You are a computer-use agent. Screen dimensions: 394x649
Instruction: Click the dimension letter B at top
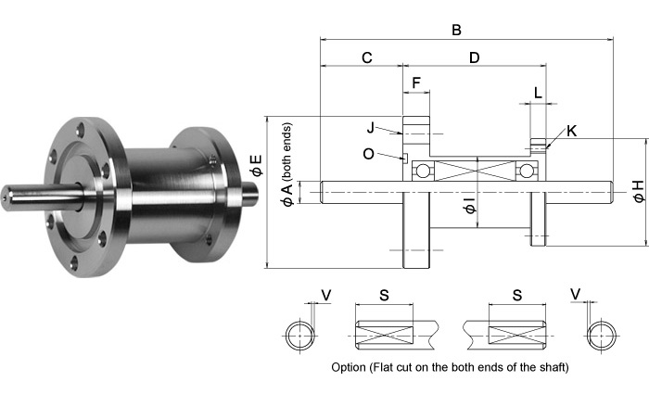pyautogui.click(x=456, y=30)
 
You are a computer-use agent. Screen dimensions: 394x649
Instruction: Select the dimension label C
pyautogui.click(x=366, y=57)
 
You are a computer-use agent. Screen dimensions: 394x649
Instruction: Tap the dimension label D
pyautogui.click(x=474, y=57)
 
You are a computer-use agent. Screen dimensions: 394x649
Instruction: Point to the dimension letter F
pyautogui.click(x=416, y=83)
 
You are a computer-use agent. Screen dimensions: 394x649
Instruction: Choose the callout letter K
pyautogui.click(x=571, y=131)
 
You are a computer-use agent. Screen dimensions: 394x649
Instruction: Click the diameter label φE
pyautogui.click(x=256, y=167)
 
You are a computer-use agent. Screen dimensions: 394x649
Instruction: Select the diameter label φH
pyautogui.click(x=636, y=191)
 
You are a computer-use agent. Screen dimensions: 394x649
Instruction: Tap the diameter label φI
pyautogui.click(x=469, y=206)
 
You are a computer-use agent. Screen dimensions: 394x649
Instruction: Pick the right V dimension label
pyautogui.click(x=576, y=294)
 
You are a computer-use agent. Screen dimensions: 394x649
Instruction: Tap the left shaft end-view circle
pyautogui.click(x=299, y=333)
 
